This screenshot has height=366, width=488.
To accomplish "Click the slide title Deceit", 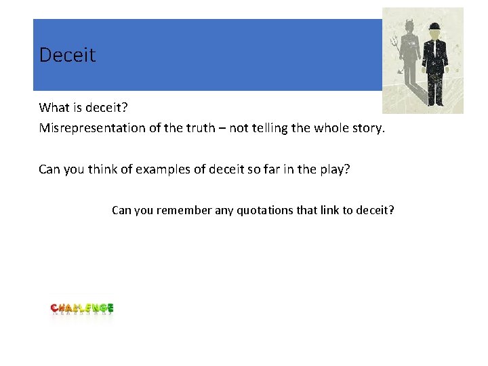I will [x=67, y=55].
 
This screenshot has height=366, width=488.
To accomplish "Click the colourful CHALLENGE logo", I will [x=82, y=309].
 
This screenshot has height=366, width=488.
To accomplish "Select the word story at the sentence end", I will [x=367, y=127].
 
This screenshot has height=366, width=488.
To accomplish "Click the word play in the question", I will [x=331, y=169].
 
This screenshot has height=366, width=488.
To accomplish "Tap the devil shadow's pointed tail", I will [x=402, y=72].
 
